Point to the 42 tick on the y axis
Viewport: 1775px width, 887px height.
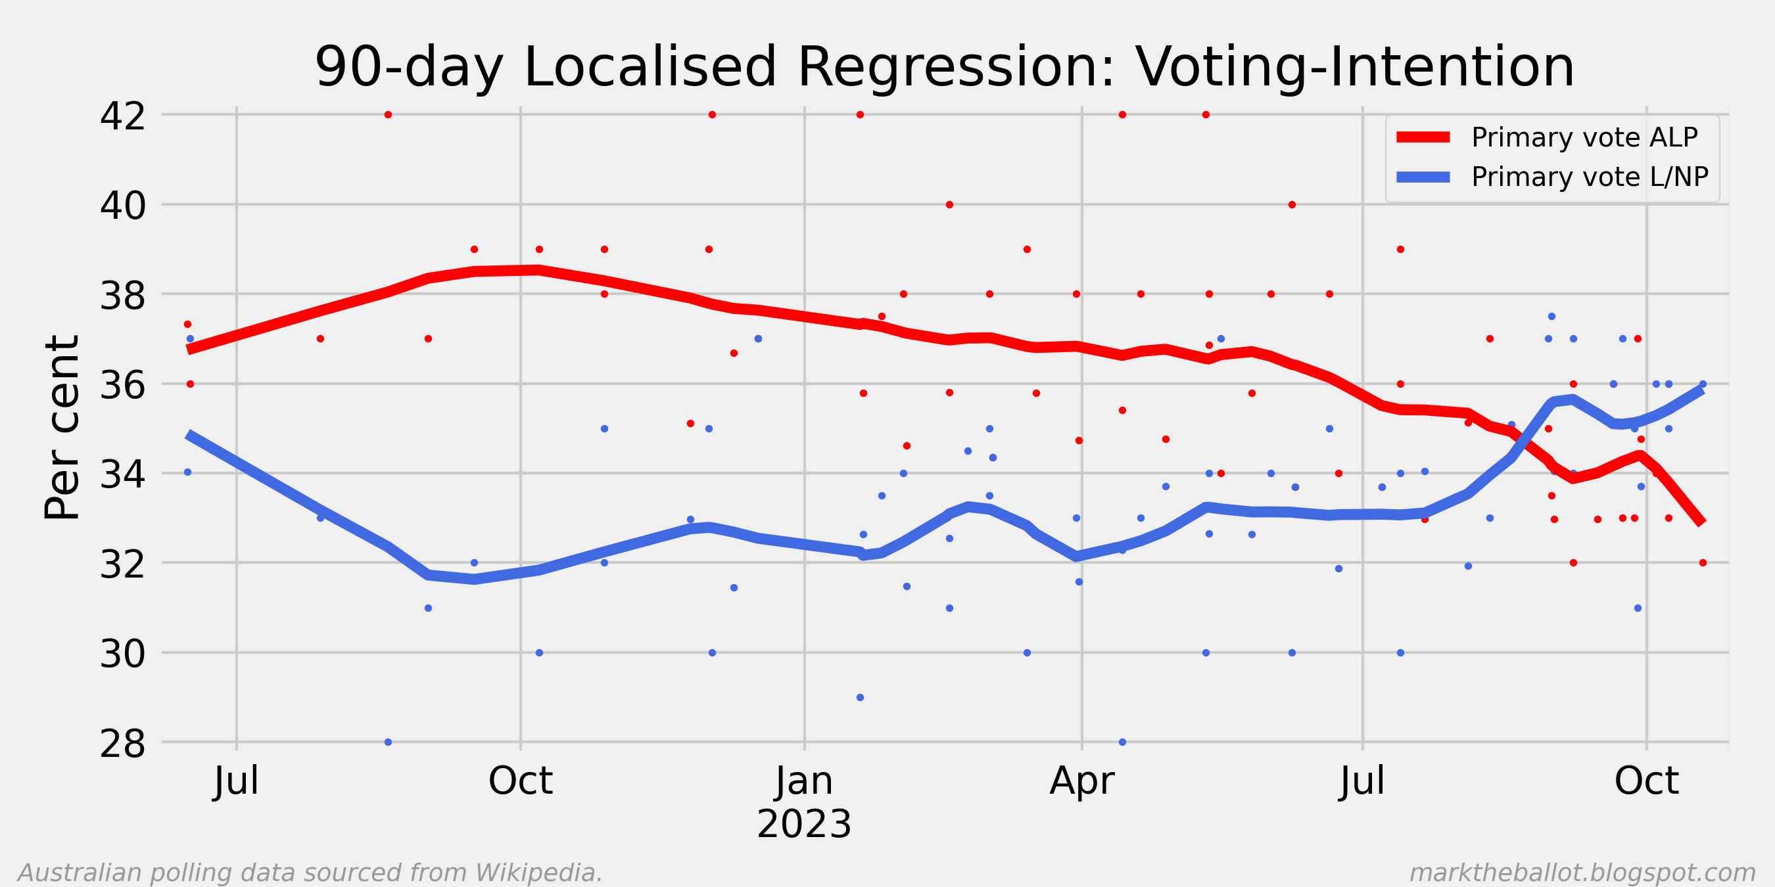click(x=123, y=116)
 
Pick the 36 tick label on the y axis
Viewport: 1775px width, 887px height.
click(x=123, y=385)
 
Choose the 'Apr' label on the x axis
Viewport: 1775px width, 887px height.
click(x=1082, y=781)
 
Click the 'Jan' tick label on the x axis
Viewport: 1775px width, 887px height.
click(x=804, y=781)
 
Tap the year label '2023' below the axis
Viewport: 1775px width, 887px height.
click(x=804, y=824)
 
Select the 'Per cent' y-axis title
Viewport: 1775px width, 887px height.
click(x=62, y=427)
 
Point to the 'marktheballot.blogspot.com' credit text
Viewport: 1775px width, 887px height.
click(x=1582, y=873)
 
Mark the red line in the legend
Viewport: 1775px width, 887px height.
click(x=1423, y=137)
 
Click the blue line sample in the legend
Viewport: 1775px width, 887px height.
click(x=1423, y=177)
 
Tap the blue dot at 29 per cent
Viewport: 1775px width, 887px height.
click(x=860, y=698)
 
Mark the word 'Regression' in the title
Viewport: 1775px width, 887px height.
click(x=956, y=67)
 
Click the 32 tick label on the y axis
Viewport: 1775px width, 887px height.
click(x=123, y=564)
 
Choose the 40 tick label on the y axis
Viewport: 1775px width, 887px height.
click(x=123, y=205)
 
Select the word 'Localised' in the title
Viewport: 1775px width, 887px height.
click(x=650, y=67)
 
